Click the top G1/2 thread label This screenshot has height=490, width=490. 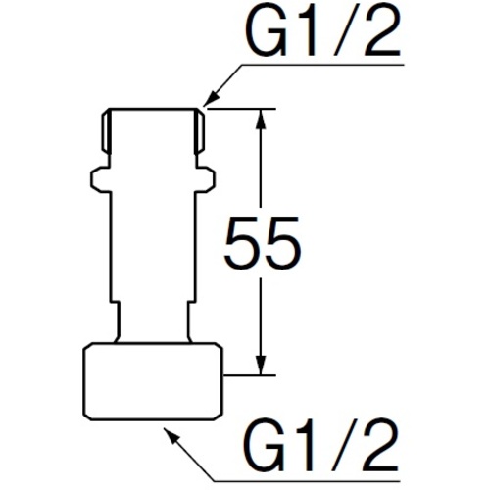coord(323,32)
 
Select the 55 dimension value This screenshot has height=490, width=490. coord(262,242)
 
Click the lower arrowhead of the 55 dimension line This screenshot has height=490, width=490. coord(261,365)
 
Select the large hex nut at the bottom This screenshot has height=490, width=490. coord(153,381)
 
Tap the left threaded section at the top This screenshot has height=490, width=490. coord(106,131)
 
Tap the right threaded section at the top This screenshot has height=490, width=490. coord(199,131)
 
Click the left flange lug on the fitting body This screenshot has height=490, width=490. coord(100,179)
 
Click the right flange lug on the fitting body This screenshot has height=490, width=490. coord(205,179)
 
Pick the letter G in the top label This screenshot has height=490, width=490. coord(267,32)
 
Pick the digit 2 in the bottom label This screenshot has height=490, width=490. coord(380,445)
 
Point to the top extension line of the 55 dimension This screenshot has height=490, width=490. coord(241,108)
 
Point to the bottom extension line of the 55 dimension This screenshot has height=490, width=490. coord(250,375)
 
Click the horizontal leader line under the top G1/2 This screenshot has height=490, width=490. coord(322,65)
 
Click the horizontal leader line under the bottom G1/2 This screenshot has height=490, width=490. coord(307,480)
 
